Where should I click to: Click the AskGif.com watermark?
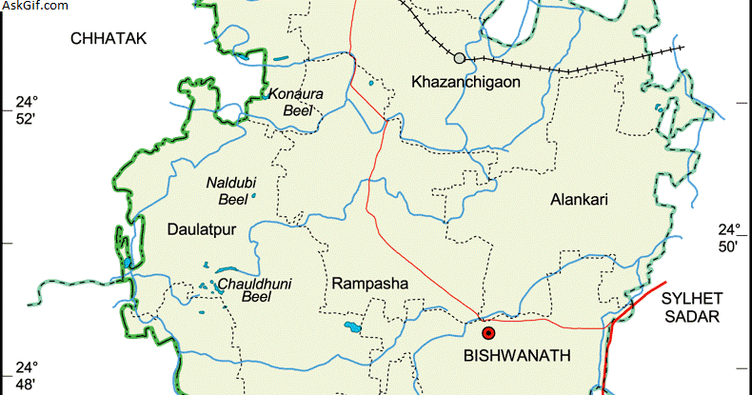(35, 7)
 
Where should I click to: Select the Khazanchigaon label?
(465, 83)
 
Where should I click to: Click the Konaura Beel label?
(297, 102)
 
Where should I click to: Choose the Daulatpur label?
(201, 228)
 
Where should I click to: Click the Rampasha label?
(369, 284)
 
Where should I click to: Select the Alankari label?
(579, 200)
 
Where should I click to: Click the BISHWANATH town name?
(516, 356)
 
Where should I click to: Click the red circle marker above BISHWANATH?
(488, 333)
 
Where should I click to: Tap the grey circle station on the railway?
(460, 59)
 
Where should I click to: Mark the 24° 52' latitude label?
(24, 110)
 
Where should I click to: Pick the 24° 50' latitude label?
(728, 238)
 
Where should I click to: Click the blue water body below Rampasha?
(352, 329)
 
